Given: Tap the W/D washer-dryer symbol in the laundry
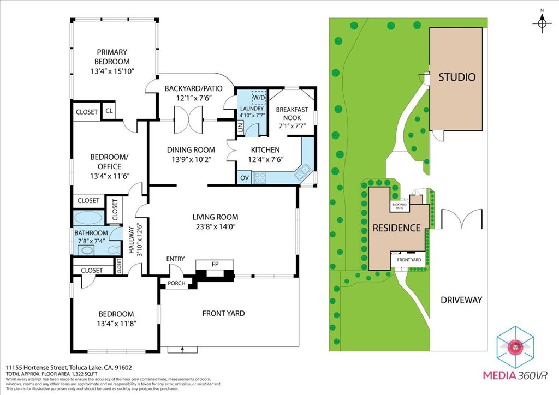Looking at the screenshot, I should coord(258,97).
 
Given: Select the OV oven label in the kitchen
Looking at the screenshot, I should coord(243,177).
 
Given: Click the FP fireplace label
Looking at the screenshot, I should coord(215,264).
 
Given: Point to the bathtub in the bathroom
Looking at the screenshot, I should coord(87,218).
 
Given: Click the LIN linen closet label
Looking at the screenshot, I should coord(240,128).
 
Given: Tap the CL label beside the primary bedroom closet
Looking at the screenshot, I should coord(109,112).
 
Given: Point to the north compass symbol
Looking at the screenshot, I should coord(542,22).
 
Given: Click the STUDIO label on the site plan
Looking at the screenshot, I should coord(457,77).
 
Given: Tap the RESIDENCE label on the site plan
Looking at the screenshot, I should coord(396,228).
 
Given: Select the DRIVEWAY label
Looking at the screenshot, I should coord(462,300).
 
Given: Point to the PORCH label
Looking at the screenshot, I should coord(176,283).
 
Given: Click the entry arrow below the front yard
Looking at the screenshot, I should coord(183,349).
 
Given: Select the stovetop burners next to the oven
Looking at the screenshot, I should coord(259,177).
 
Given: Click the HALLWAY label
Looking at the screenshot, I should coord(131,241).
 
